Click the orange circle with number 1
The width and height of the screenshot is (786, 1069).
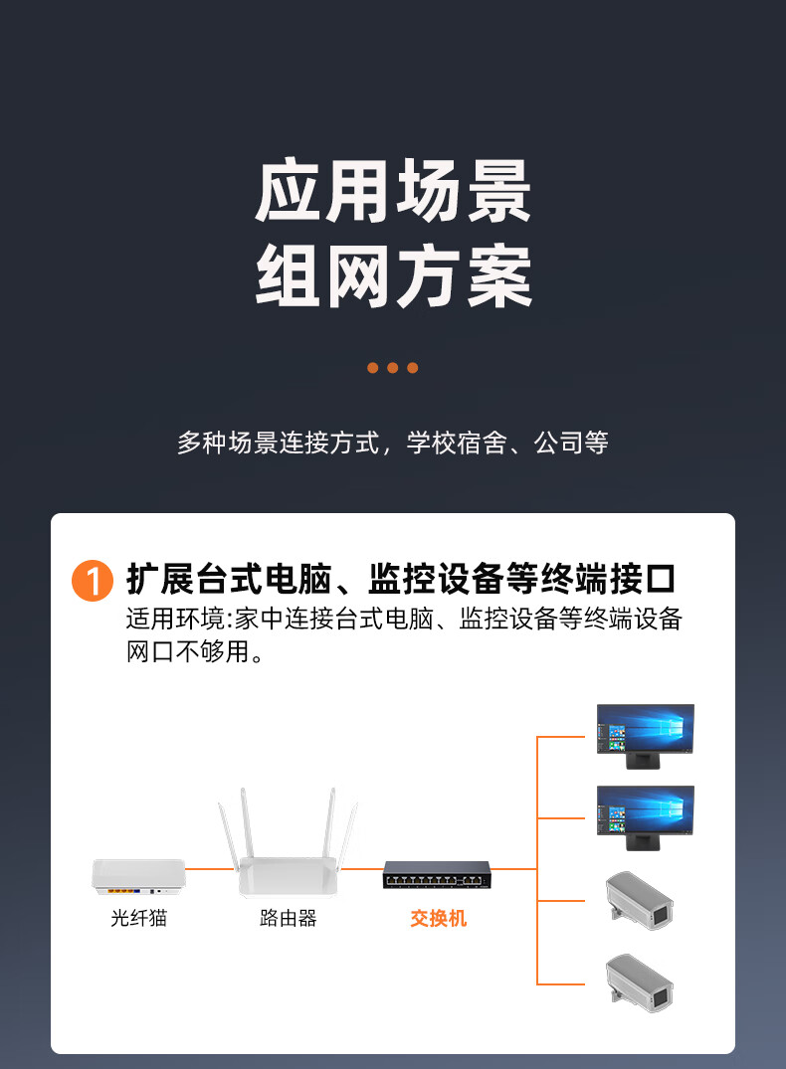click(93, 581)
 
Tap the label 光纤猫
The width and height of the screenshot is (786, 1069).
click(138, 918)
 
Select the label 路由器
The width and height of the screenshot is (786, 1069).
click(288, 918)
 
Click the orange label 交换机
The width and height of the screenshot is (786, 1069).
click(438, 918)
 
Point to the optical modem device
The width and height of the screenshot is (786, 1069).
click(138, 877)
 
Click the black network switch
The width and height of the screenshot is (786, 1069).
click(437, 875)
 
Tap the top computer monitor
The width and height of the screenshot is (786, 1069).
click(645, 736)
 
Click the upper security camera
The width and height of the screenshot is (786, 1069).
click(640, 900)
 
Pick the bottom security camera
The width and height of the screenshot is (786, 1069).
click(640, 982)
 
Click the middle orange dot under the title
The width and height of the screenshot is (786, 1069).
click(392, 368)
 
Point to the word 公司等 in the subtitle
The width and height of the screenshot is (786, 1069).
click(571, 444)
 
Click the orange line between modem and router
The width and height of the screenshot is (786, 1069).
click(210, 868)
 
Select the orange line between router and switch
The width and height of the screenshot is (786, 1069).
click(361, 868)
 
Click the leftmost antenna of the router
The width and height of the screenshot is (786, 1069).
click(227, 836)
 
